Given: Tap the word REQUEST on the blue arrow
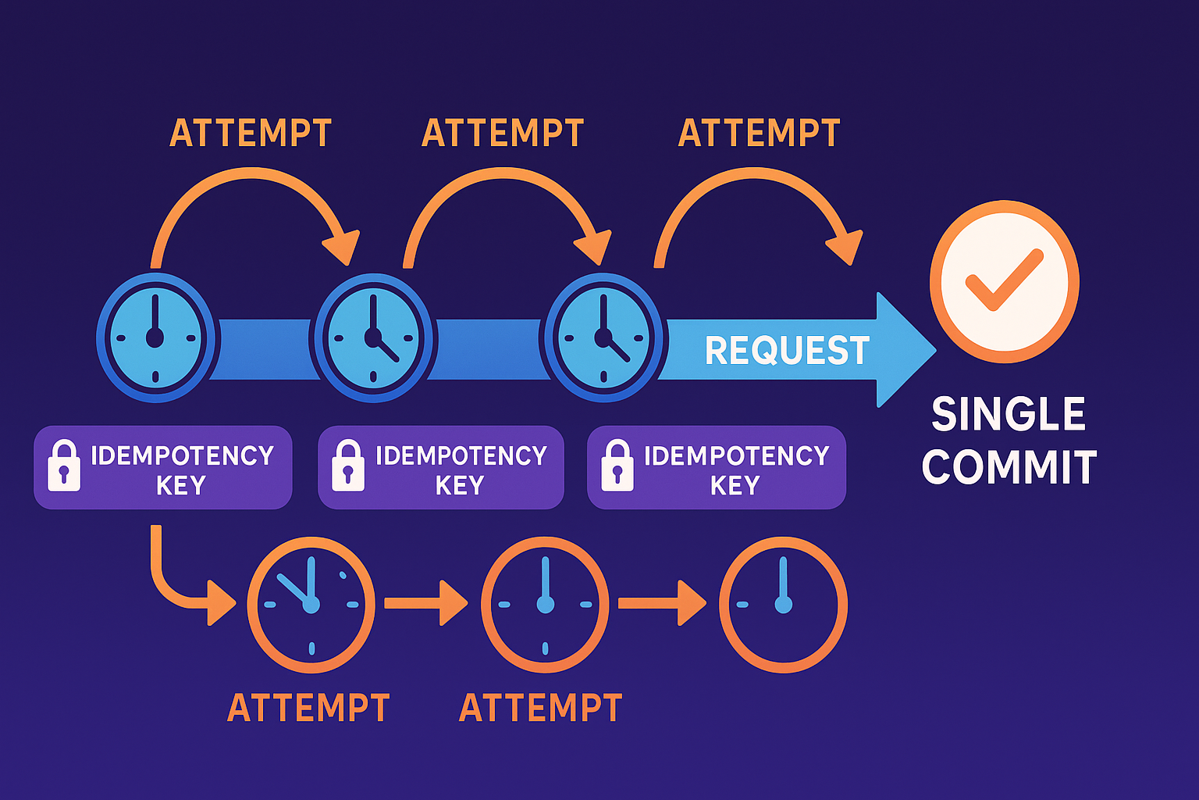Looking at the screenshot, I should coord(787,350).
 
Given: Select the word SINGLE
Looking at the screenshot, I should coord(1008,414).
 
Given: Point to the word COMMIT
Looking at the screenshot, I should coord(1009,467).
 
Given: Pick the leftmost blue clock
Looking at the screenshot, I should coord(155,337).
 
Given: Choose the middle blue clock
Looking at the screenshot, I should coord(372,337).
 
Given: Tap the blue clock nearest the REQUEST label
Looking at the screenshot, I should coord(603,337).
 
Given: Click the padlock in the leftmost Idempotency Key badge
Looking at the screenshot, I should coord(64,466).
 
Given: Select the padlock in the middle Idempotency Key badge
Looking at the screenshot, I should coord(348,466).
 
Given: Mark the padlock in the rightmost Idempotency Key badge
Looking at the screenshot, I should coord(617,466).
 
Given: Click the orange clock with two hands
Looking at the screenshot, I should coord(311,604).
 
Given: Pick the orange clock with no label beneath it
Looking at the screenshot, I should coord(783,604).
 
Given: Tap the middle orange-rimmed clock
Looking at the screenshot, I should coord(545,604).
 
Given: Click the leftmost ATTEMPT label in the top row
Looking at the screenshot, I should coord(251,134).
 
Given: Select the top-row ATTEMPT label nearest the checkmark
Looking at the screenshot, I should coord(759,134).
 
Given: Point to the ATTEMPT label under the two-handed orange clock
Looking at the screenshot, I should coord(308,708).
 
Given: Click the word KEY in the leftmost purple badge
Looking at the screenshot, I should coord(180,486).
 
